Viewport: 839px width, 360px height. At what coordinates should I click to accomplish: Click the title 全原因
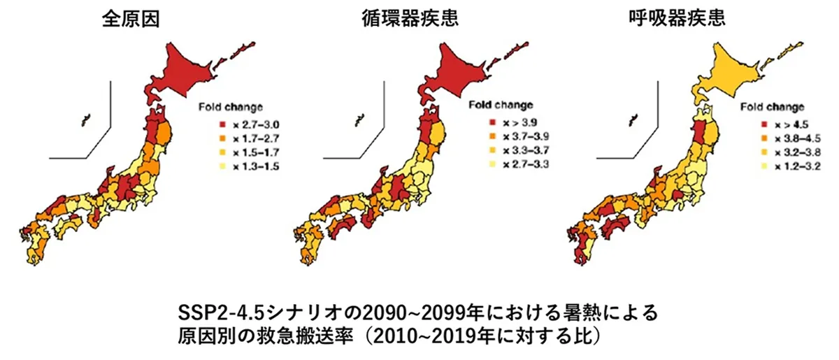tap(131, 19)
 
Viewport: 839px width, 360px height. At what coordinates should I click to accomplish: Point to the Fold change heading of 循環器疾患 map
tap(499, 106)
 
